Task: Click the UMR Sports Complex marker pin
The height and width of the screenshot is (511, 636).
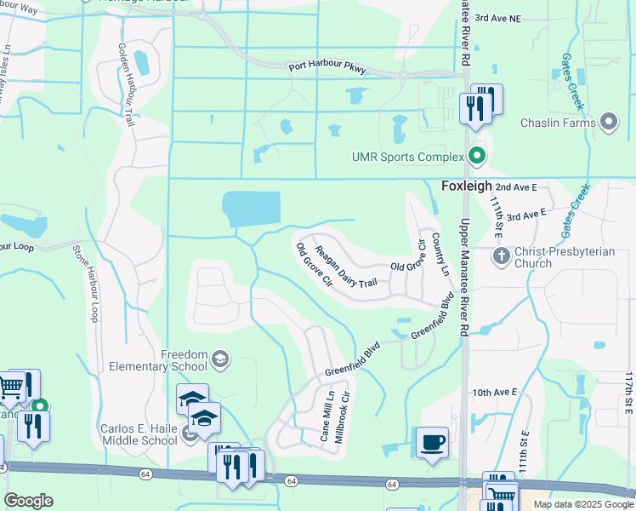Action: [477, 157]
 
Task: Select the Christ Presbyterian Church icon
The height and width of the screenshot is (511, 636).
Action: [502, 255]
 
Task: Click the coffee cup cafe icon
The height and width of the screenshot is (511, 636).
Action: [433, 442]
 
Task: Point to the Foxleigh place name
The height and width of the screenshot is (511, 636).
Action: [466, 185]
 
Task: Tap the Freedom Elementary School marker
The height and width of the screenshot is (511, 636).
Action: [221, 359]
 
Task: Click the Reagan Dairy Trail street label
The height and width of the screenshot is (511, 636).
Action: [345, 266]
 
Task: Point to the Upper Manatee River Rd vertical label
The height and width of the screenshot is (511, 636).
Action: [465, 276]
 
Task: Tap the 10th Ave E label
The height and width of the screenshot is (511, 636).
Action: [495, 392]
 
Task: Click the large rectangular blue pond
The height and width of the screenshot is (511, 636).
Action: [251, 210]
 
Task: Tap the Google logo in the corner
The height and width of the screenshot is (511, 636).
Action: [28, 501]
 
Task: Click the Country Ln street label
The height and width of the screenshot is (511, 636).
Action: [440, 254]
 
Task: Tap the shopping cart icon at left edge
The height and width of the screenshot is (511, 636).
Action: [10, 390]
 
